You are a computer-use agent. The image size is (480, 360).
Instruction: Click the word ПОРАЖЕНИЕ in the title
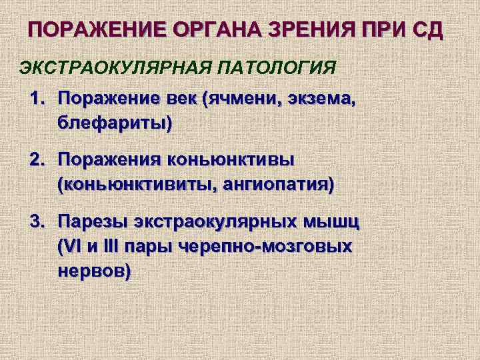click(x=95, y=31)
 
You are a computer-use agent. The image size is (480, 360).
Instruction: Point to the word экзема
click(x=323, y=100)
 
